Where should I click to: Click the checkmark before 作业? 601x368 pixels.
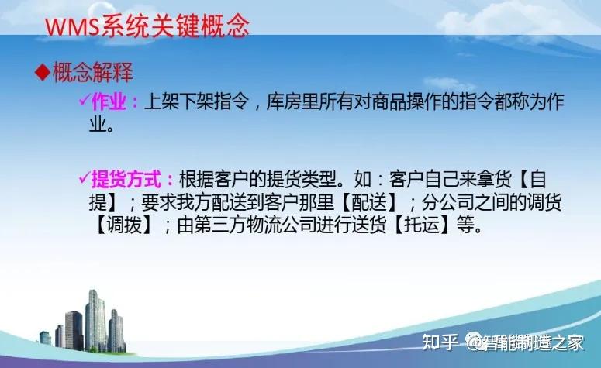pos(85,102)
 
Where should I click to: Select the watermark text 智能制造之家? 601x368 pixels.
pos(535,342)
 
